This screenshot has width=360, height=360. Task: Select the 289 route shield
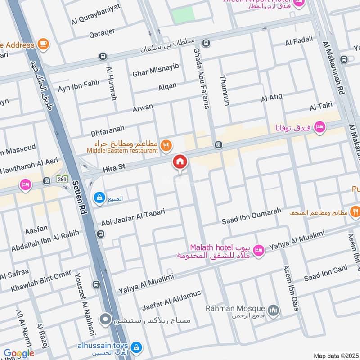62,178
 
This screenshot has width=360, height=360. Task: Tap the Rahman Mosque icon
273,310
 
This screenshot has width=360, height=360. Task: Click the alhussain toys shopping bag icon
137,347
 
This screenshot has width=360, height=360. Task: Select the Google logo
19,354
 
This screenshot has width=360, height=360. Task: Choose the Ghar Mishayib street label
155,69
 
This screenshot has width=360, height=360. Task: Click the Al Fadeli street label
299,41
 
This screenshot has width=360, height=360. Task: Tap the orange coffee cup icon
44,44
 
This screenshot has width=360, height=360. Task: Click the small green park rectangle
183,15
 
